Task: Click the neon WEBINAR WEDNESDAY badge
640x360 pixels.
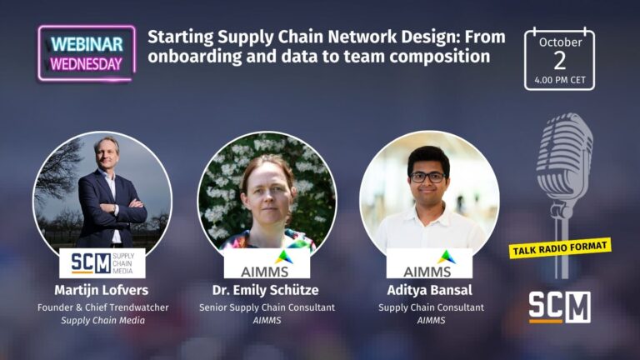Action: (x=86, y=52)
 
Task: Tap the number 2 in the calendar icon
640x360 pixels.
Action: (x=559, y=60)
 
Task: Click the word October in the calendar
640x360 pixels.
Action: (x=560, y=41)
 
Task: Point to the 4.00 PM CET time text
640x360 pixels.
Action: (x=559, y=81)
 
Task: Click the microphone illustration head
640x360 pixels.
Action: (x=564, y=155)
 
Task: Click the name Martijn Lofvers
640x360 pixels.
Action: (x=102, y=290)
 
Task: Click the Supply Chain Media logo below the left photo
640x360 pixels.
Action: (x=102, y=262)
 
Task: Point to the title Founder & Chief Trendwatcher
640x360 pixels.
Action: (x=102, y=307)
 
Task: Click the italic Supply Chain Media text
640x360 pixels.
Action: (x=102, y=321)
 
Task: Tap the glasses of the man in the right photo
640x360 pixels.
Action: (x=428, y=177)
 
